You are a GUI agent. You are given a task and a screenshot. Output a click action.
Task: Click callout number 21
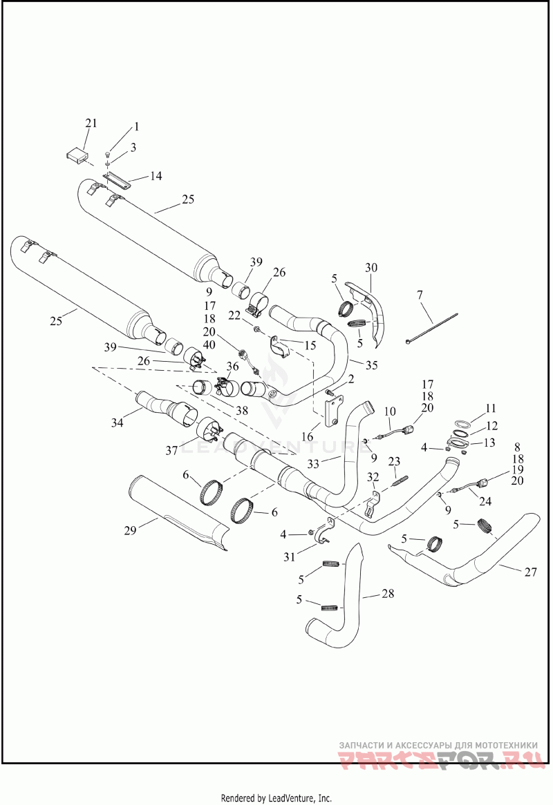coord(91,123)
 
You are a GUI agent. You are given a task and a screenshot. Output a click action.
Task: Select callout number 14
coord(156,176)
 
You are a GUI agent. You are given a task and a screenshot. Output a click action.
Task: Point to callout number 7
coord(420,295)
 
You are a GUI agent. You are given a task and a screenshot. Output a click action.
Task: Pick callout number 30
coord(371,267)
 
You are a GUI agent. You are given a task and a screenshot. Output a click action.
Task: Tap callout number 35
coord(371,365)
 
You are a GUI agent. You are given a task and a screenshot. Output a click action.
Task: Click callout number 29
coord(130,530)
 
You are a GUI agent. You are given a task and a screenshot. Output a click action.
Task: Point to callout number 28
coord(388,594)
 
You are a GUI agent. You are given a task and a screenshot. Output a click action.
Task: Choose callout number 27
coord(530,572)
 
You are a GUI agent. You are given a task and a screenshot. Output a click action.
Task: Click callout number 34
coord(118,423)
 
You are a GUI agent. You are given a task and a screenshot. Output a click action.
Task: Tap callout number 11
coord(491,409)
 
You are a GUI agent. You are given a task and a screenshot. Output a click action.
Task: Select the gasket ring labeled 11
coord(462,424)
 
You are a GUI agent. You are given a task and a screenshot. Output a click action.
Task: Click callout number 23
coord(394,462)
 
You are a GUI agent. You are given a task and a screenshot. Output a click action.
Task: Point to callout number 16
coord(308,437)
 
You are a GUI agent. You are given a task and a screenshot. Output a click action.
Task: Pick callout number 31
coord(290,556)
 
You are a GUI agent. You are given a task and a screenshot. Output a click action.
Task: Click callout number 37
coord(171,451)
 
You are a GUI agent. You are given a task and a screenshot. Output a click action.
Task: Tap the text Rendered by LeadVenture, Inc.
coord(276,798)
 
